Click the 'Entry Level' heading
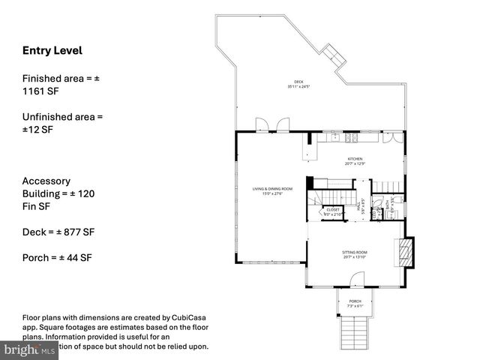pos(52,51)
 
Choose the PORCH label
pos(355,303)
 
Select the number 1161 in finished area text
pos(34,91)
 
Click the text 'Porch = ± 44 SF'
pos(57,258)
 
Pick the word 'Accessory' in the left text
pos(46,181)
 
